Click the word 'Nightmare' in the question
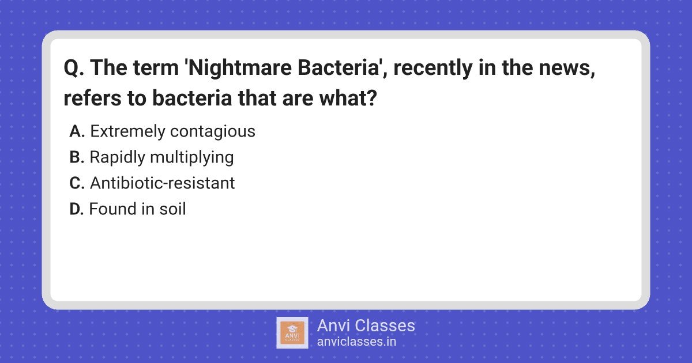[239, 68]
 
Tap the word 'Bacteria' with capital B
[339, 67]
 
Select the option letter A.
[77, 131]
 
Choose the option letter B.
[77, 157]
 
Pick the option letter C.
[77, 183]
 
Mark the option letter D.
[76, 209]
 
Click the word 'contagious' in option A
[213, 132]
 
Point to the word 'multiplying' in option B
[192, 158]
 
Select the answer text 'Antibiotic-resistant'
[163, 183]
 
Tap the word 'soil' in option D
[172, 209]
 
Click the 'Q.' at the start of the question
[74, 68]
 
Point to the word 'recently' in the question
[433, 68]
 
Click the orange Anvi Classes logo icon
[292, 333]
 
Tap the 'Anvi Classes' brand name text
[366, 326]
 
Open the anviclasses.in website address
[356, 342]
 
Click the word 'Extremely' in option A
[128, 132]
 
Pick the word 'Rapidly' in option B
[118, 158]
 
